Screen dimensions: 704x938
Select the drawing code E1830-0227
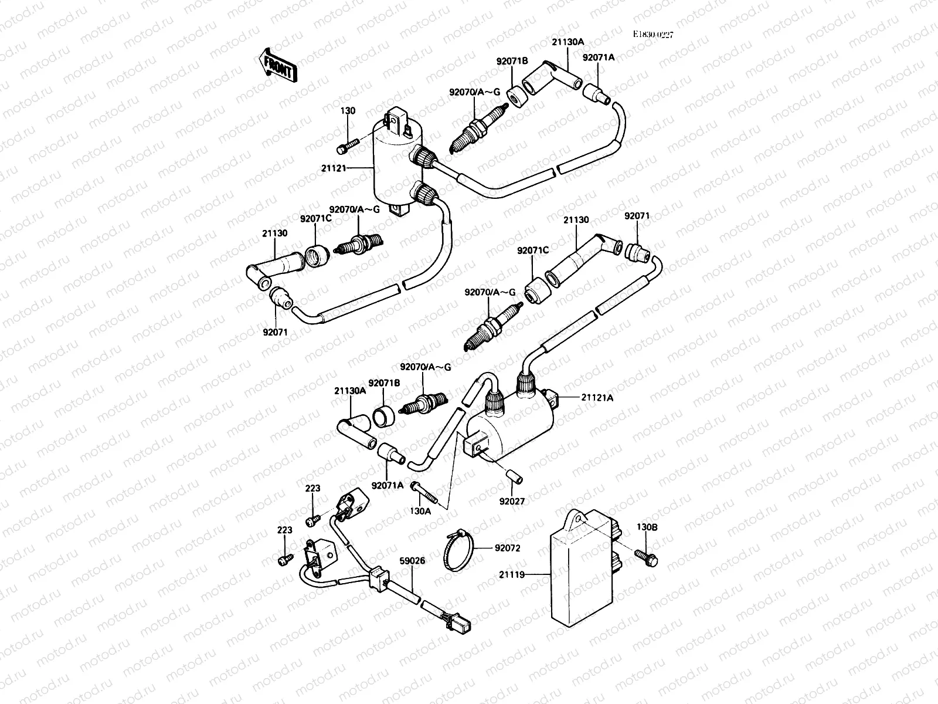click(652, 35)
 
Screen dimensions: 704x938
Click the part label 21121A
click(597, 398)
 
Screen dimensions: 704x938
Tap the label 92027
click(511, 502)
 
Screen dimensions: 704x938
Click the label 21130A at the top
click(567, 42)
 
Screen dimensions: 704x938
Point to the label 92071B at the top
click(512, 60)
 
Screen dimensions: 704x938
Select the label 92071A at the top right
click(598, 57)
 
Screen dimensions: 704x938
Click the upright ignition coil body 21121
click(396, 170)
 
